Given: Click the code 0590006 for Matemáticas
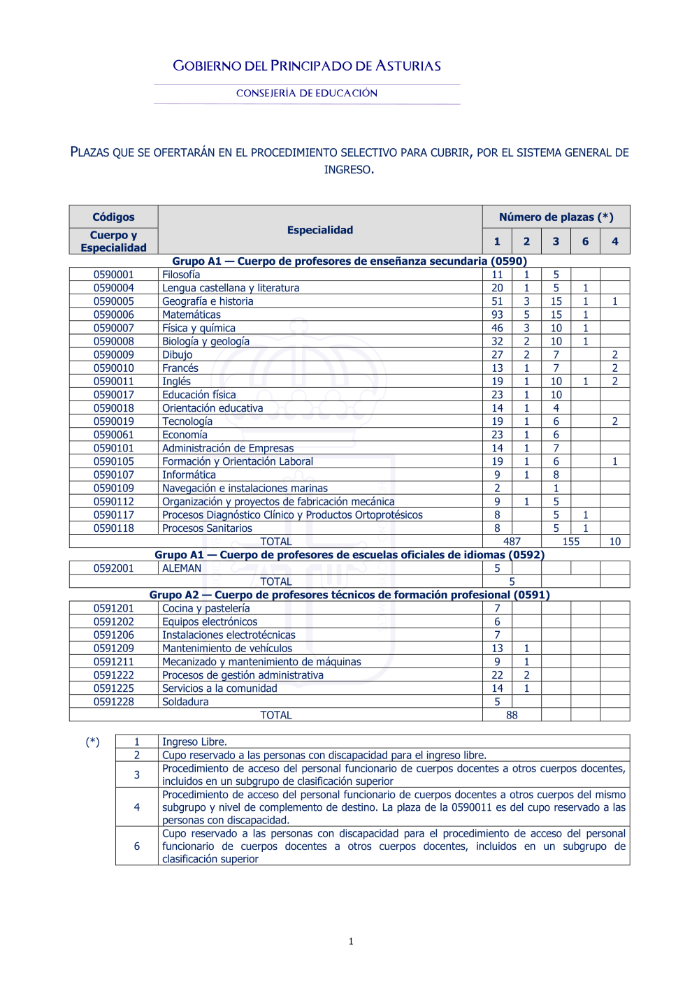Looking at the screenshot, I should [x=113, y=315].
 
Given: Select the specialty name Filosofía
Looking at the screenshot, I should [x=181, y=275].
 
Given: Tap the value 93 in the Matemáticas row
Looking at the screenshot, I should [x=497, y=315].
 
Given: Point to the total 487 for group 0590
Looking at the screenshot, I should [x=512, y=542].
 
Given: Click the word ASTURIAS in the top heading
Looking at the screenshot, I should [x=408, y=66].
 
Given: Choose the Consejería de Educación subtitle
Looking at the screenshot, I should [x=307, y=93].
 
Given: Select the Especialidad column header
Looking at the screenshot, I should [x=320, y=230].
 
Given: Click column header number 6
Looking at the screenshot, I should [x=585, y=241].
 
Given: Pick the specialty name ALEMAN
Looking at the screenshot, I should [x=182, y=568].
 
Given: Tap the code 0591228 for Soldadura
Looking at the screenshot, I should [x=113, y=702].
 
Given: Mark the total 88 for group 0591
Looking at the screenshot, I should [x=512, y=715].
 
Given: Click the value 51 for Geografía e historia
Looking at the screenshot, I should [x=497, y=301].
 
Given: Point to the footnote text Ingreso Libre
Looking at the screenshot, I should [x=194, y=742].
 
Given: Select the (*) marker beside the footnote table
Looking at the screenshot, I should [x=92, y=742].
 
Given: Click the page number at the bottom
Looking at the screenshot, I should [x=351, y=941].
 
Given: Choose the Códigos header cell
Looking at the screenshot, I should [x=113, y=217].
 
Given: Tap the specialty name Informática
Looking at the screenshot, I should [x=189, y=475].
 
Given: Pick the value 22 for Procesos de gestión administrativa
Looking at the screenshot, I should [x=497, y=675].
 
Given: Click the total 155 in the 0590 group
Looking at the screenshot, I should [x=570, y=542].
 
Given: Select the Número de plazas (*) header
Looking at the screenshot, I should [x=556, y=217].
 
